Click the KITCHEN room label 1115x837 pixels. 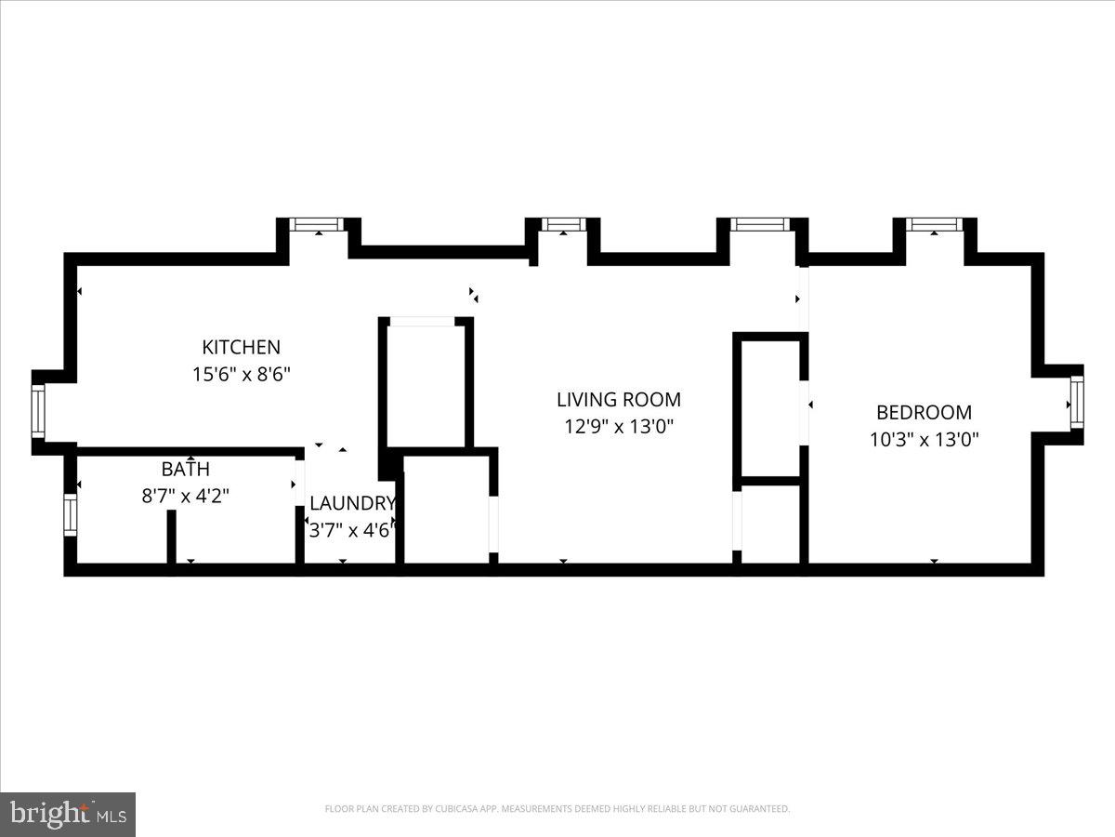point(241,347)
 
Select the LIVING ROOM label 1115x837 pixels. point(618,400)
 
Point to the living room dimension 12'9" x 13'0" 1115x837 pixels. point(618,427)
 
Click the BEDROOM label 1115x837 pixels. point(924,412)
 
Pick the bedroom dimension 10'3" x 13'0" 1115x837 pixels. point(924,439)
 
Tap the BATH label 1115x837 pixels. point(185,470)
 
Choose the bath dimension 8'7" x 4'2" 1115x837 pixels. point(185,496)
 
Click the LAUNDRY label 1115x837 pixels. point(352,504)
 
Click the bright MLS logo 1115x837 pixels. point(68,814)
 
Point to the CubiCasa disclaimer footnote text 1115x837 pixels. point(557,809)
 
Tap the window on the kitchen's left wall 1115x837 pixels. point(38,411)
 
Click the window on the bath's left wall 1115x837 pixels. point(70,514)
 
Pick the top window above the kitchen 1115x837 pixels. point(317,224)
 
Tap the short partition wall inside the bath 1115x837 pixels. point(172,538)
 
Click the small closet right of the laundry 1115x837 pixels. point(447,509)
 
